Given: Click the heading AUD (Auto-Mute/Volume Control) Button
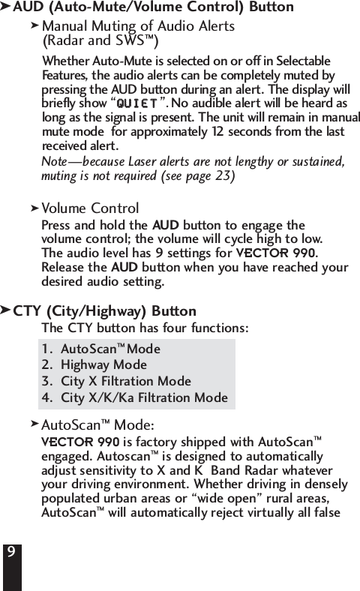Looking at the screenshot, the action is pyautogui.click(x=154, y=7).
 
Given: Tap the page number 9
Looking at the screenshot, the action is pyautogui.click(x=11, y=552).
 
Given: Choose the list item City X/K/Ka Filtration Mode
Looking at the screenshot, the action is pyautogui.click(x=144, y=397).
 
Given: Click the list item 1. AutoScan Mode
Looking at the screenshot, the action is pyautogui.click(x=101, y=349).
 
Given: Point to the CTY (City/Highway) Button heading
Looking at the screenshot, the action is pyautogui.click(x=105, y=310).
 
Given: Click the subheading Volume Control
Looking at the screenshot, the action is pyautogui.click(x=90, y=208).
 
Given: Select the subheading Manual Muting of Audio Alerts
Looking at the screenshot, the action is pyautogui.click(x=138, y=26).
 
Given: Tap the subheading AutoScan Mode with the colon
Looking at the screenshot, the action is pyautogui.click(x=98, y=424).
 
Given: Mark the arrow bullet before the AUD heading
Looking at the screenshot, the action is pyautogui.click(x=6, y=7).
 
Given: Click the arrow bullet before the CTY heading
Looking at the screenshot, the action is pyautogui.click(x=6, y=310).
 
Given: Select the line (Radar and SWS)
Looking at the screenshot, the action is pyautogui.click(x=102, y=40).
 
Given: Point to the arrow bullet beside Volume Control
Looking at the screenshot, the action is pyautogui.click(x=33, y=208).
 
